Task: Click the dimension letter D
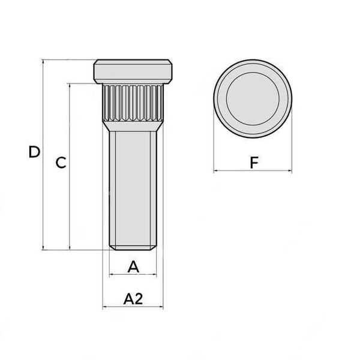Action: pos(34,152)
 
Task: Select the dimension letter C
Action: pos(61,163)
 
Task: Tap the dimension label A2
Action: pos(133,299)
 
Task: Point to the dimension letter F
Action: pos(254,163)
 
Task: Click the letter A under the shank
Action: pos(133,267)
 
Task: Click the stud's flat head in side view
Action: pos(133,71)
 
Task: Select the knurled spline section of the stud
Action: pos(133,103)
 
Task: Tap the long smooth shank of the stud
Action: pos(133,188)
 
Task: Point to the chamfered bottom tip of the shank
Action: pos(133,248)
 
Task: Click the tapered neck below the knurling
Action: pos(133,126)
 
